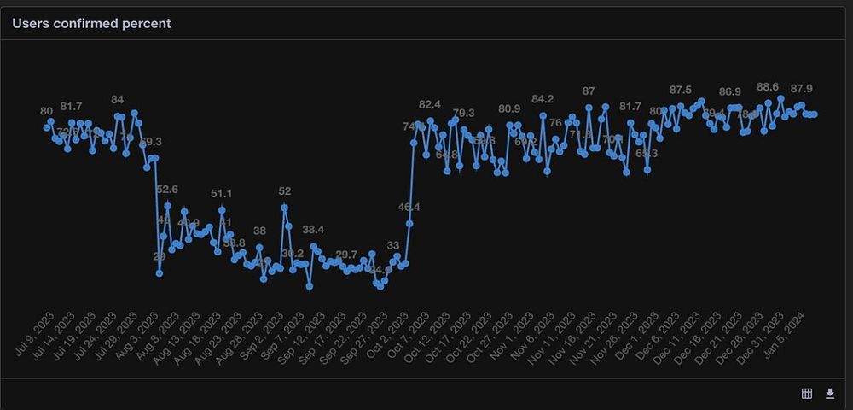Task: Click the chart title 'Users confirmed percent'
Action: tap(91, 24)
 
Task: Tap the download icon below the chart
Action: tap(830, 393)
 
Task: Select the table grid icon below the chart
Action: tap(807, 393)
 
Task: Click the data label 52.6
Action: tap(167, 189)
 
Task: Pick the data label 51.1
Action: tap(221, 194)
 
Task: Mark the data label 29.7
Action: tap(346, 255)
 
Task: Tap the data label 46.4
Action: tap(409, 207)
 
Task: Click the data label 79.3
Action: tap(464, 113)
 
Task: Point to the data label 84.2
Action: tap(543, 99)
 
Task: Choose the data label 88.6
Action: tap(768, 87)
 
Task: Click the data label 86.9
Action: tap(730, 91)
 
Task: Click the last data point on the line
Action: tap(815, 114)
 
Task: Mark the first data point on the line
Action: tap(47, 128)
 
